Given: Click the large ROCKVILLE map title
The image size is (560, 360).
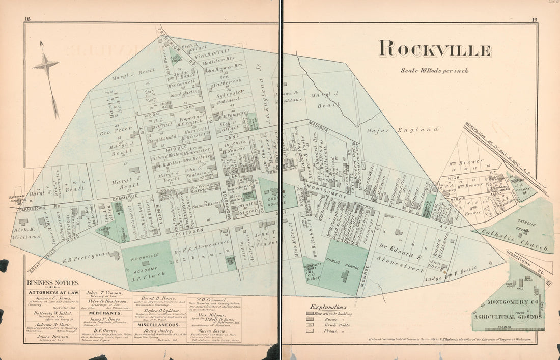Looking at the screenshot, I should click(x=435, y=50).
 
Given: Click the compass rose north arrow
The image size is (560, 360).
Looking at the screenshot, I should click(x=46, y=66).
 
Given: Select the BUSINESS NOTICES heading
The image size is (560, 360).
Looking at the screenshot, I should click(x=53, y=283).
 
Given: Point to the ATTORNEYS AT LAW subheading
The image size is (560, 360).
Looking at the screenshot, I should click(x=53, y=293).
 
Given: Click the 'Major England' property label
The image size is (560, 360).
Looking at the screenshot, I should click(x=402, y=130).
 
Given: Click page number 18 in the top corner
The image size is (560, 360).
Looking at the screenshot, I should click(x=27, y=20).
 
